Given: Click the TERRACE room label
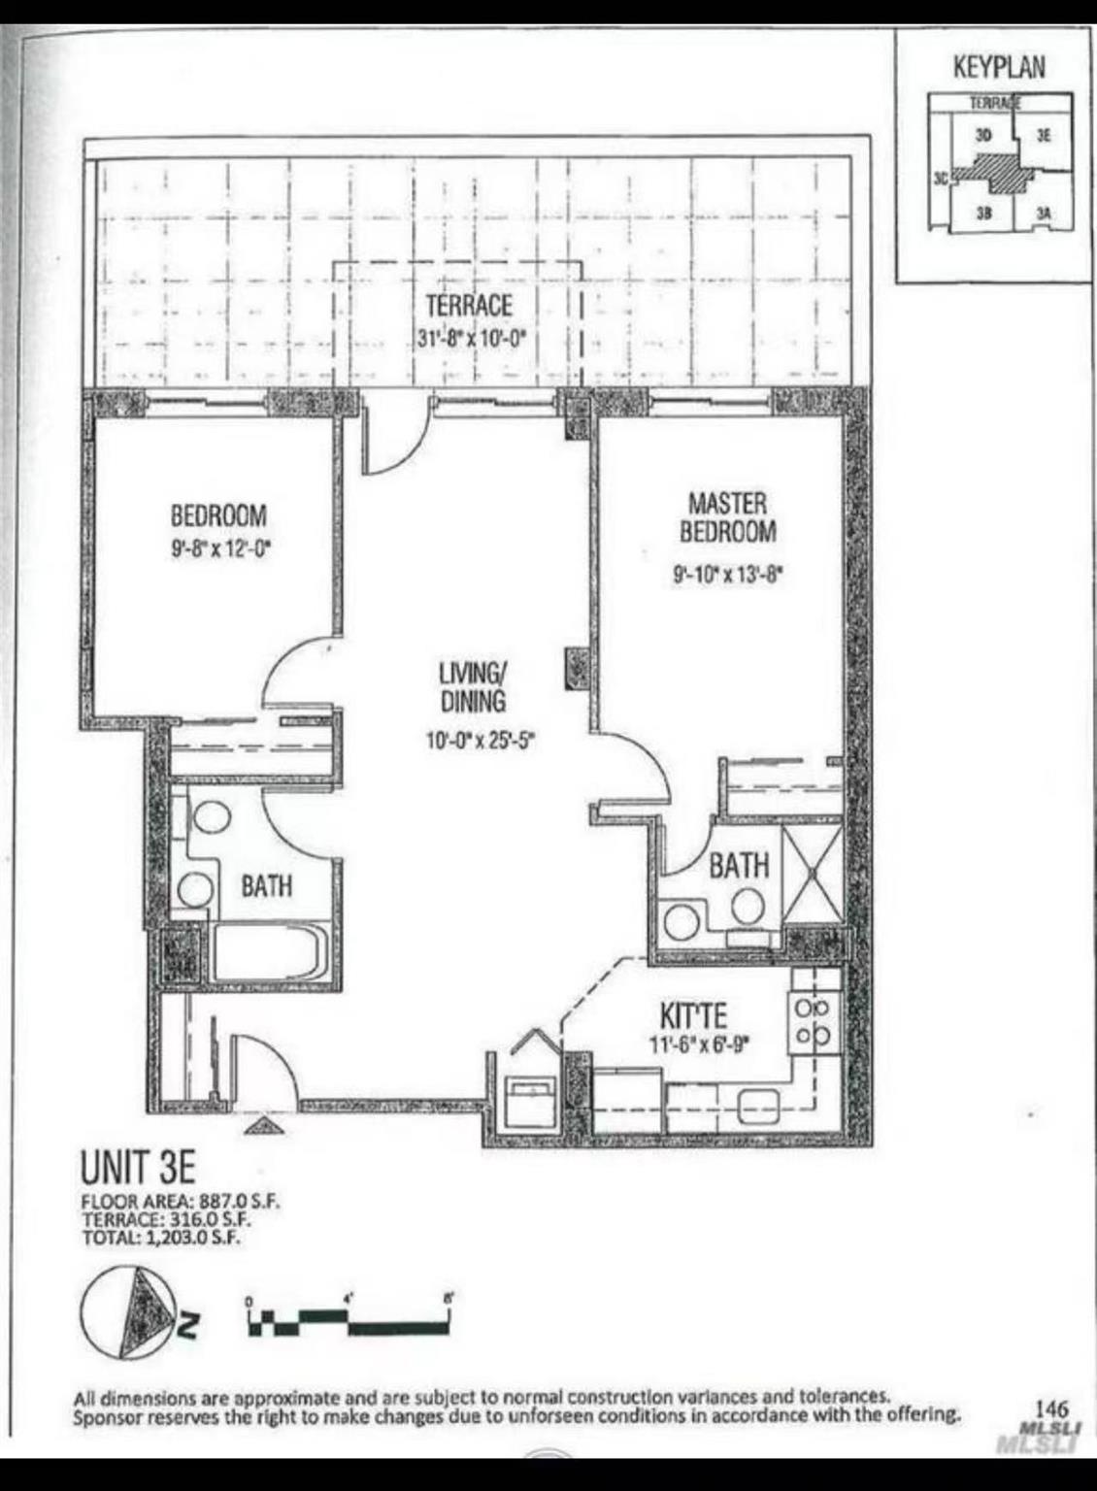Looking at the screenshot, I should coord(468,306).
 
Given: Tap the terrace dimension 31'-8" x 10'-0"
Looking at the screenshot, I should coord(470,341).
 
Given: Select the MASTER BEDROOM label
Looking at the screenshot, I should coord(727,517).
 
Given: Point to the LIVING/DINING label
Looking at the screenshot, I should coord(473,686).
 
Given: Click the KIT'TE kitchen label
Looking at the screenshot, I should coord(692,1015).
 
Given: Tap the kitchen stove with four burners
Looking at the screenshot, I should coord(813,1023).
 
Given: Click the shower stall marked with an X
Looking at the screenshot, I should coord(813,874).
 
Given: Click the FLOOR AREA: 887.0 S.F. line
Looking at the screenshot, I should coord(182,1200).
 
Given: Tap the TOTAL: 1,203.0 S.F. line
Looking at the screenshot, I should coord(161,1238).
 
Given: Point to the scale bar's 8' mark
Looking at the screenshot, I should coord(449,1298).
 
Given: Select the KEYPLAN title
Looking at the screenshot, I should coord(999,67).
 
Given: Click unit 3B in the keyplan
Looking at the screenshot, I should coord(983,212).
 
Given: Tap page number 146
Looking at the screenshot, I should coord(1051,1408).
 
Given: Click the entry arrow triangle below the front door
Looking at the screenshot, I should coord(262,1126).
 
